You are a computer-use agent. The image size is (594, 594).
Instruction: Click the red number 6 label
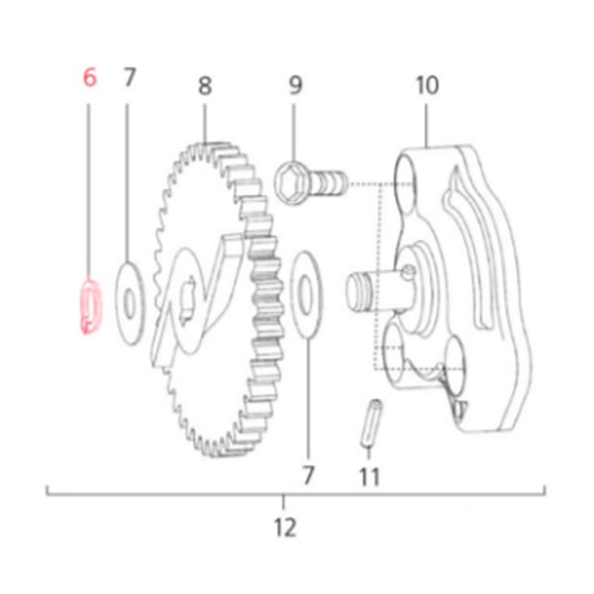pos(90,78)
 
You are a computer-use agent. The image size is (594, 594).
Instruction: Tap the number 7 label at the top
pos(129,78)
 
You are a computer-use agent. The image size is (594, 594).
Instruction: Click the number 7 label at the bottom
pos(308,476)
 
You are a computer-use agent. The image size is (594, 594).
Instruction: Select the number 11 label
pos(368,478)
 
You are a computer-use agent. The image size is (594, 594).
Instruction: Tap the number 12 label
pos(285,528)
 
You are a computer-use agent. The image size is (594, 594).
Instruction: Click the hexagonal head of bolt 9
pos(289,179)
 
